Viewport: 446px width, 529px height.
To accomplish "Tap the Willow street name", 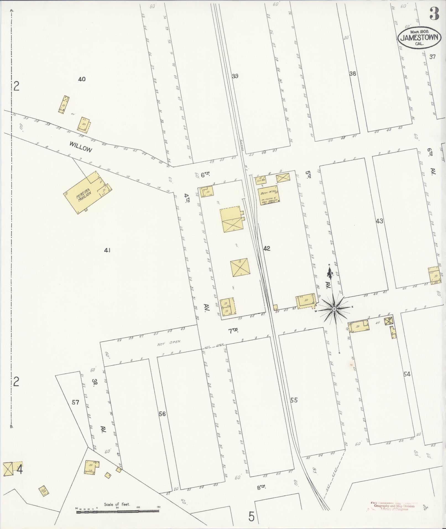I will pos(80,147).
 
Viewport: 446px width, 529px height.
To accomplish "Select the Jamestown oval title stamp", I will pos(419,38).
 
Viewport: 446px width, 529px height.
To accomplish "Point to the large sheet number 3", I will pos(434,14).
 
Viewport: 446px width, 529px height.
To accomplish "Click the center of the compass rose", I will pos(334,309).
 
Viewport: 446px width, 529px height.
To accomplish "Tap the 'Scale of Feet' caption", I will pos(117,504).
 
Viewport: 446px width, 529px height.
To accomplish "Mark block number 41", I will pos(107,250).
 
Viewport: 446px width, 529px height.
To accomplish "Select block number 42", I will pos(267,249).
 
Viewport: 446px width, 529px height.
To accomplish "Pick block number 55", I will pos(294,400).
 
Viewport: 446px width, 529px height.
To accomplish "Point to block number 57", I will pos(75,402).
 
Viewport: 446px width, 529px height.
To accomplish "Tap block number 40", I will pos(82,79).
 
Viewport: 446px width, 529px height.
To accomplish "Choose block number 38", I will pos(353,74).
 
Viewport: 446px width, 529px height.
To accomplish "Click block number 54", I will pos(407,374).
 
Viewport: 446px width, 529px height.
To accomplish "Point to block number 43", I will pos(379,221).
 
